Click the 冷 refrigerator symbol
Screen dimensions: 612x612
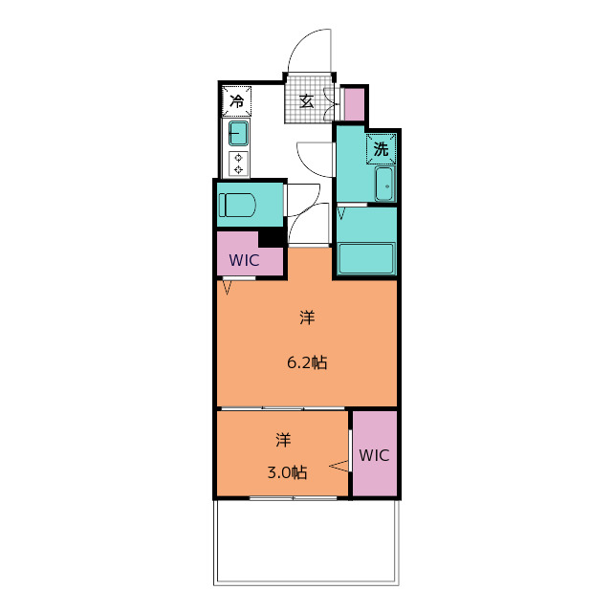click(x=236, y=101)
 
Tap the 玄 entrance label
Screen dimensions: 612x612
click(x=306, y=101)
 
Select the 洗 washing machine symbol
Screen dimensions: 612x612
click(x=381, y=149)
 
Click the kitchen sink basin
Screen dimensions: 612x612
click(x=238, y=133)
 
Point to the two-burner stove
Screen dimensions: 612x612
click(x=238, y=164)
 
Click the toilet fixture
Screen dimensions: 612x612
click(x=237, y=205)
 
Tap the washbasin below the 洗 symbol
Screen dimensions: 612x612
click(x=384, y=184)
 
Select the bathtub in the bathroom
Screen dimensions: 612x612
click(x=366, y=258)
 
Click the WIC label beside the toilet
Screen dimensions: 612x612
click(x=244, y=260)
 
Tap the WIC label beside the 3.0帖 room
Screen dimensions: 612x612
click(x=374, y=455)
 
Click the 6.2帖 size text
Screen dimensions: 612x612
click(x=307, y=363)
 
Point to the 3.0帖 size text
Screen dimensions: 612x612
click(x=287, y=472)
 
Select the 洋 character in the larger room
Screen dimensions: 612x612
click(x=307, y=317)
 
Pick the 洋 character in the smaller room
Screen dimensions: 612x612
click(x=283, y=440)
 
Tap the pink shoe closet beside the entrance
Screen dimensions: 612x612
click(x=355, y=104)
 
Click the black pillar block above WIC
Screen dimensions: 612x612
click(x=272, y=237)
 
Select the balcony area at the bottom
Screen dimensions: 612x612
click(x=306, y=542)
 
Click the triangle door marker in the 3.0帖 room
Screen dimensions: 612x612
click(x=339, y=466)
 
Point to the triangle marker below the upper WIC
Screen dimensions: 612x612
click(x=228, y=288)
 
